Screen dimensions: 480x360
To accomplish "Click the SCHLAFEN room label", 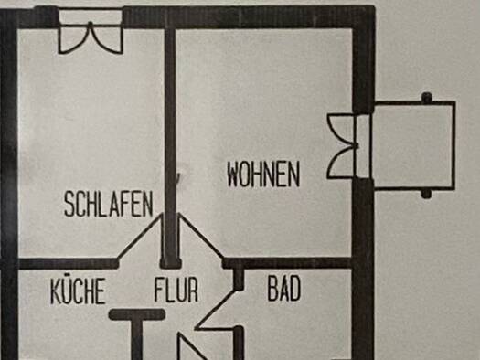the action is click(x=109, y=204).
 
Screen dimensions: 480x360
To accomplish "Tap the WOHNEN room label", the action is click(x=263, y=174).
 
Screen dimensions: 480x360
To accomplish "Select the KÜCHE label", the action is click(x=78, y=291).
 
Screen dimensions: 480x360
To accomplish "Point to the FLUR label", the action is click(x=176, y=290).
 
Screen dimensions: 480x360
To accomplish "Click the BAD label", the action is click(x=284, y=289).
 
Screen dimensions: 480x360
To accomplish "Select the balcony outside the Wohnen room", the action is click(x=414, y=145).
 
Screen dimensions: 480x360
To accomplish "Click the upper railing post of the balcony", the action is click(x=427, y=98).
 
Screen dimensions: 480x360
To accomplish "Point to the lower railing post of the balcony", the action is click(x=427, y=194).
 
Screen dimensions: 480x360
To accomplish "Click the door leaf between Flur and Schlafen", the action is click(x=139, y=236).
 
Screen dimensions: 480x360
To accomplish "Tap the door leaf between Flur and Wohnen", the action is click(x=201, y=236).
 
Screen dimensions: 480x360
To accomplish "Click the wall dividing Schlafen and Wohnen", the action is click(x=170, y=147).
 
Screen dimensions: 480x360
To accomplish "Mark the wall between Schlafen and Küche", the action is click(x=69, y=264).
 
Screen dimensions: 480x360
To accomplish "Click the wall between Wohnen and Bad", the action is click(x=288, y=263).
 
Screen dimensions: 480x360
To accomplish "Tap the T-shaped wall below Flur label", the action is click(x=137, y=324).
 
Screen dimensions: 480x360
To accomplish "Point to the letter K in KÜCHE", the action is click(x=56, y=291).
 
